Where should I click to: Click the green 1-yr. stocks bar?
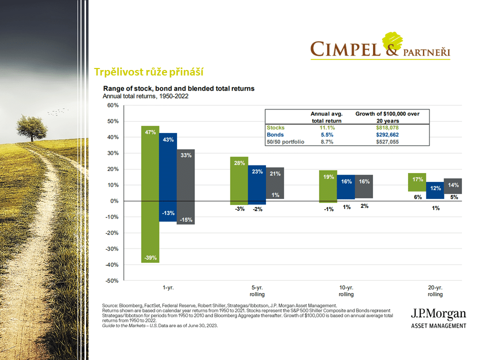point(150,195)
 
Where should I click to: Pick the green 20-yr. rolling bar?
point(416,182)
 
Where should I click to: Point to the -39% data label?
point(150,258)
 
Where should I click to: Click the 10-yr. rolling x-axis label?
point(345,290)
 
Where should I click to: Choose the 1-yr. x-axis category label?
point(168,288)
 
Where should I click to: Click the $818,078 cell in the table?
point(386,128)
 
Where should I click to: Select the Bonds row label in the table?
point(275,135)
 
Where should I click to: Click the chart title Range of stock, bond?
point(178,88)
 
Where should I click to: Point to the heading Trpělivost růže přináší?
point(149,72)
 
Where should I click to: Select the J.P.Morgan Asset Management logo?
point(438,318)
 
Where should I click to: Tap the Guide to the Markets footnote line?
point(160,325)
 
